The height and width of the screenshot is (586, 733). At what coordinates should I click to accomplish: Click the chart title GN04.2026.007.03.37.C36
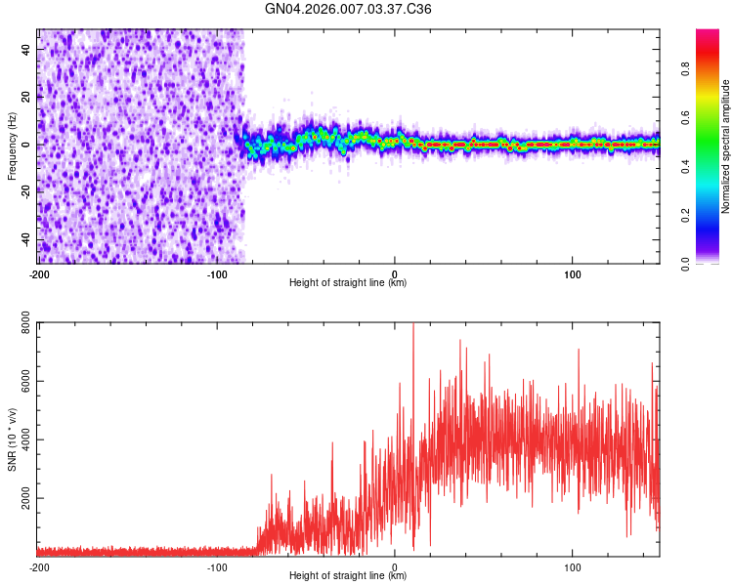(x=349, y=9)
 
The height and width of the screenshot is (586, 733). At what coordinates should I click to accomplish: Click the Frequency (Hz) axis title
(x=12, y=146)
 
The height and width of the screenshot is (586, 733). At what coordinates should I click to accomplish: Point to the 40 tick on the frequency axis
(x=28, y=48)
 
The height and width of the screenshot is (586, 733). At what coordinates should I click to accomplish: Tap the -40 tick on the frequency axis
(x=26, y=239)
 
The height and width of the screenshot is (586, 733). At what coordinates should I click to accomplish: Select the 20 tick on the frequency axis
(x=28, y=97)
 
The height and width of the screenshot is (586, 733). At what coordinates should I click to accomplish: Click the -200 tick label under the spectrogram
(x=39, y=273)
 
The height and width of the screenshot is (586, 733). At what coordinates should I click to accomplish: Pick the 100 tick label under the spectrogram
(x=573, y=273)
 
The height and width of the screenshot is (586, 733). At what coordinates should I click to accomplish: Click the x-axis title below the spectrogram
(x=348, y=283)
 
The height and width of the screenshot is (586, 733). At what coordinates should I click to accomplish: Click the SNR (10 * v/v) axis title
(x=12, y=439)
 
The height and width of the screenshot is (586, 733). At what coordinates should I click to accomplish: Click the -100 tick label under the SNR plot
(x=217, y=566)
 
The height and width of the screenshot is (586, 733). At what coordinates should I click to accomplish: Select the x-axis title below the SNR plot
(x=348, y=576)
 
